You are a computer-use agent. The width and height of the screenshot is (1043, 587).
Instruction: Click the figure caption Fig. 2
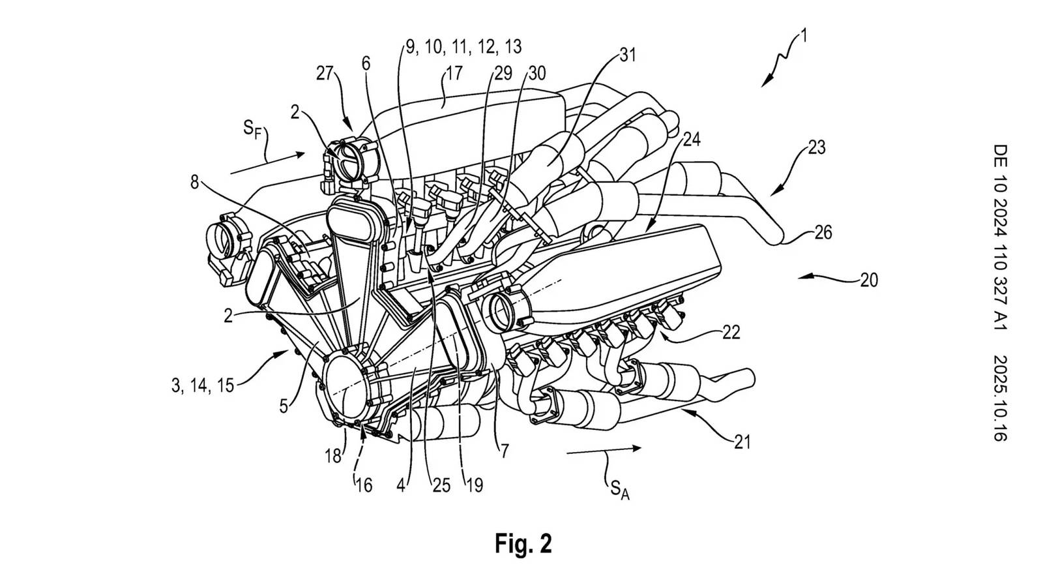[523, 543]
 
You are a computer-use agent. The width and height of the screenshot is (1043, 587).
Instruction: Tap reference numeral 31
[626, 55]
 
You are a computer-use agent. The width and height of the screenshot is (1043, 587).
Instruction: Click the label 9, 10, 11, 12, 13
[463, 47]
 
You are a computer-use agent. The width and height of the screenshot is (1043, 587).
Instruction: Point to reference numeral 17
[453, 72]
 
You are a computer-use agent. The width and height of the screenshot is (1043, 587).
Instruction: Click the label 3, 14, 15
[202, 385]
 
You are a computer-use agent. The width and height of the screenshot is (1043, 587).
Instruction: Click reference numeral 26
[823, 232]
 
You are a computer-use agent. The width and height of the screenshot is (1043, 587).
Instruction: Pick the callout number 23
[816, 148]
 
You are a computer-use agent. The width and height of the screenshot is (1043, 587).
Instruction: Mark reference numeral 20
[869, 280]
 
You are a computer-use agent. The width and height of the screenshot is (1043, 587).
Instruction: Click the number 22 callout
[731, 333]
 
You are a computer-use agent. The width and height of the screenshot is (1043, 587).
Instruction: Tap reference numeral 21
[742, 442]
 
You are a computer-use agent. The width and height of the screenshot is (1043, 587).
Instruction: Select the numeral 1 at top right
[804, 36]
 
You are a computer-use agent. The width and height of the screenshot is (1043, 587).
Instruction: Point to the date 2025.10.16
[1000, 398]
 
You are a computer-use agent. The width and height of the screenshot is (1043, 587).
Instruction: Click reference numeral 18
[333, 456]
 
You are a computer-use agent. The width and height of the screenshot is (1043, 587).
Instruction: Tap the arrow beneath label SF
[267, 164]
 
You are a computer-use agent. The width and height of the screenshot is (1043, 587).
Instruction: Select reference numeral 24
[691, 140]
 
